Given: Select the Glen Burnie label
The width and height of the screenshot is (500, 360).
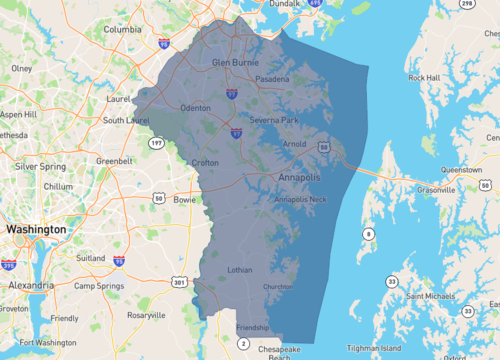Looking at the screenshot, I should [235, 62].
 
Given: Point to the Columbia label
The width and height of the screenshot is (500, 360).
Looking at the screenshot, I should [122, 30].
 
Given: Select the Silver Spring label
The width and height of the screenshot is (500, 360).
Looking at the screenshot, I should [40, 166].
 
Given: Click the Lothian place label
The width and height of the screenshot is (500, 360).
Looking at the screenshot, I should [240, 269].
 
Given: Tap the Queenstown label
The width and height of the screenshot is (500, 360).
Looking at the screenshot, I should [459, 170].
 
